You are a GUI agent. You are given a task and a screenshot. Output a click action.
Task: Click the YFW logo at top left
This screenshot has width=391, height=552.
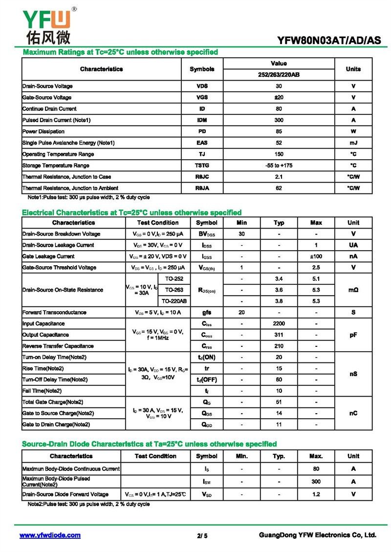46,24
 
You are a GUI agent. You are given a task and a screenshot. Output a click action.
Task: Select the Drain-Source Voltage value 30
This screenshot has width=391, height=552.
279,86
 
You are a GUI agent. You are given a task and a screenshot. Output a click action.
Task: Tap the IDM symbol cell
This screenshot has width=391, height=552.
202,120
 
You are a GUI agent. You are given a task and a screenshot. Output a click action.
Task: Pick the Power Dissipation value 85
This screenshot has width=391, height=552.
279,131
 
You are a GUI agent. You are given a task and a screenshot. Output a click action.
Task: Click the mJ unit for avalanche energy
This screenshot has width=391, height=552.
353,143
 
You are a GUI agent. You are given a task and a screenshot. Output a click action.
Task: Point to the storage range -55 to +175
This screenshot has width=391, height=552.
279,165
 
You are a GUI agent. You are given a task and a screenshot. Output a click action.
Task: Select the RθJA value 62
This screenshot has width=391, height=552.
279,188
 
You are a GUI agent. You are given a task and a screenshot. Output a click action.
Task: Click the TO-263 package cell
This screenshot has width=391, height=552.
174,290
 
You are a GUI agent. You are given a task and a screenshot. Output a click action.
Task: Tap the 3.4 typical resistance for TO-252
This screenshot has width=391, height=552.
279,278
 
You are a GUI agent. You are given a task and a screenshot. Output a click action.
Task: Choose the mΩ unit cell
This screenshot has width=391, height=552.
353,290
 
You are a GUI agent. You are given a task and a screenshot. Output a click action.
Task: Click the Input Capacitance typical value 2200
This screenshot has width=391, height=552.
279,323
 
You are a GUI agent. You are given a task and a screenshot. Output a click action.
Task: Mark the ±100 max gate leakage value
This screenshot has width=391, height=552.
316,256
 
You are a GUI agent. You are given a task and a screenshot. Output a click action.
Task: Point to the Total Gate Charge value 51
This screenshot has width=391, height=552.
279,402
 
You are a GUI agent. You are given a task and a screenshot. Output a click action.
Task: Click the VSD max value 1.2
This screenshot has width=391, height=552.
316,494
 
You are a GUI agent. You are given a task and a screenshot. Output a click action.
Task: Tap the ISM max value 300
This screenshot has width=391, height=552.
316,481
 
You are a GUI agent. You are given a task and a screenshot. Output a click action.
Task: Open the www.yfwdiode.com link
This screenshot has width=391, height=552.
50,535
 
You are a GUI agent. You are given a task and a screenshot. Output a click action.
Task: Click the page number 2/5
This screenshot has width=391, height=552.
202,536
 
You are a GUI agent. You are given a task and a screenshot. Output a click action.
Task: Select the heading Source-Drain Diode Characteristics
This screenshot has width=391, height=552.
150,444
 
